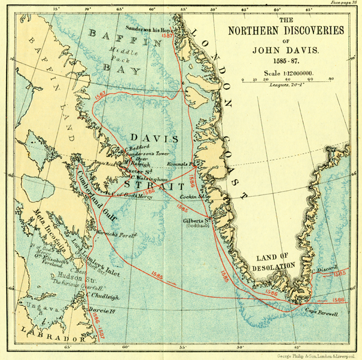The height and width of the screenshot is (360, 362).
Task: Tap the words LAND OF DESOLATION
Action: point(275,261)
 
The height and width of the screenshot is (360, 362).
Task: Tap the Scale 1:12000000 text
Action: point(281,73)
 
